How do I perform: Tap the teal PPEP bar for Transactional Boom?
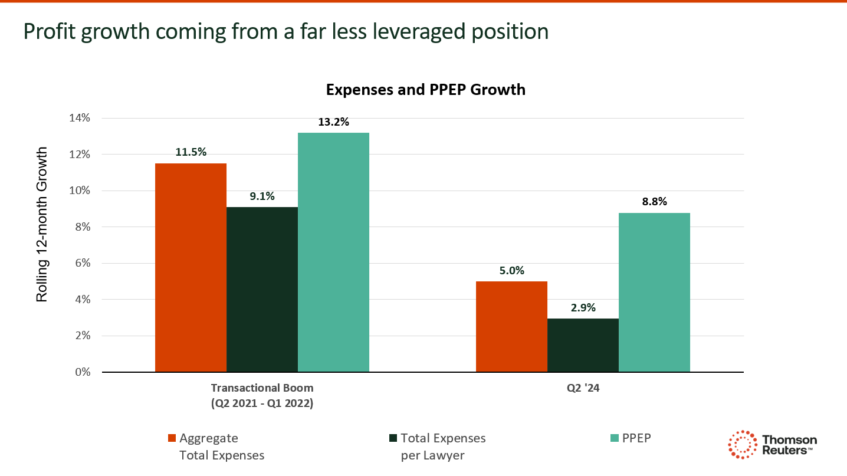(x=333, y=252)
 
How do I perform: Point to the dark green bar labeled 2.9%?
(x=583, y=345)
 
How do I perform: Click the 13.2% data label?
(x=333, y=122)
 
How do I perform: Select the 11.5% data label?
(x=191, y=152)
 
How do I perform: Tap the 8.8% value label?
(x=654, y=202)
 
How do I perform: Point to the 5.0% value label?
(x=511, y=271)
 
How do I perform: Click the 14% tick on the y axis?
(x=80, y=118)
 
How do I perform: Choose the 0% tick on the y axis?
(x=83, y=372)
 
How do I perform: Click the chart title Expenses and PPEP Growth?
(x=425, y=90)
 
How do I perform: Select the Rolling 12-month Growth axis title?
(x=42, y=225)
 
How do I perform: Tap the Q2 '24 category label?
(x=583, y=388)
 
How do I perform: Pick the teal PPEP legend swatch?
(x=615, y=438)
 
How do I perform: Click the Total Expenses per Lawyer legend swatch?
(x=393, y=438)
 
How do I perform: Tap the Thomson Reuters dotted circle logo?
(x=743, y=444)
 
